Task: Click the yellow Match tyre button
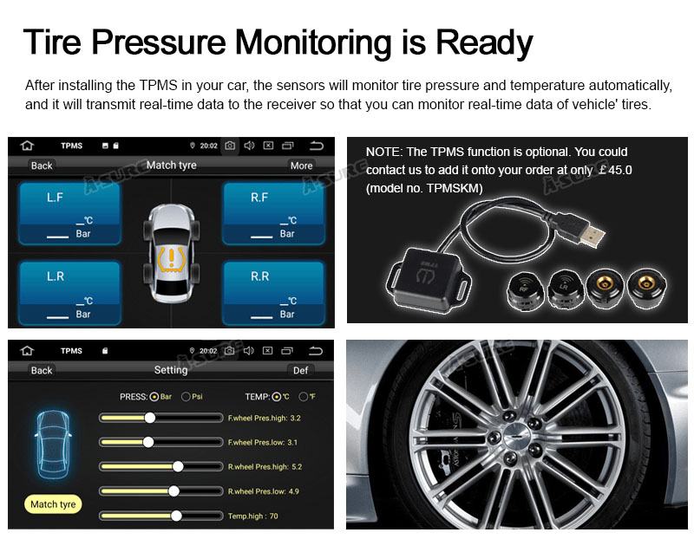coord(53,504)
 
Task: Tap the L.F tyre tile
coord(69,214)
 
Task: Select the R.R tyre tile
coord(273,293)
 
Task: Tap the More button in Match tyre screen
coord(301,166)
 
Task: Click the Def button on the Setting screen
coord(300,371)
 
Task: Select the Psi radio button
coord(186,397)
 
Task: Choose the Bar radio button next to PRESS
coord(154,397)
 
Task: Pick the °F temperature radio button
coord(303,397)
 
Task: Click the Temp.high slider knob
coord(176,516)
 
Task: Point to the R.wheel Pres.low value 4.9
coord(294,491)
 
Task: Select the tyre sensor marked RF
coord(525,289)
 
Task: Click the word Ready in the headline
coord(484,42)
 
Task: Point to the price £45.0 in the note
coord(615,170)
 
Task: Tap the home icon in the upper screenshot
coord(27,146)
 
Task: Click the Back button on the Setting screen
coord(42,371)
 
